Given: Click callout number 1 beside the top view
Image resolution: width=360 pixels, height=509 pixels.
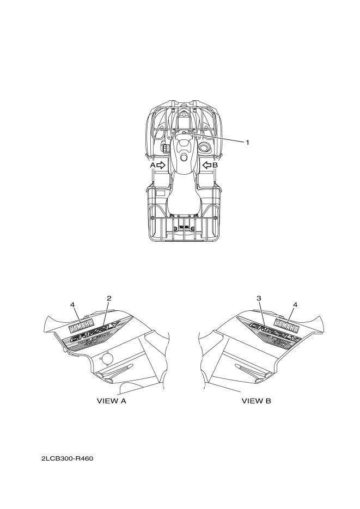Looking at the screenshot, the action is coord(247,142).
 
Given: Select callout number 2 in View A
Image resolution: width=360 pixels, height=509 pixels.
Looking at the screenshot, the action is coord(109,298).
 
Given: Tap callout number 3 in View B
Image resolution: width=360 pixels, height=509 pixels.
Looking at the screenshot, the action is coord(259,298).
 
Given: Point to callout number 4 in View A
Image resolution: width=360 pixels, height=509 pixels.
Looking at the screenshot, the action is coord(72,304).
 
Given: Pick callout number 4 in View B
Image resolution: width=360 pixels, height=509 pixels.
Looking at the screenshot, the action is coord(295,304).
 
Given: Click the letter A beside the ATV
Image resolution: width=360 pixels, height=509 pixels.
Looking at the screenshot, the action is coord(152,165).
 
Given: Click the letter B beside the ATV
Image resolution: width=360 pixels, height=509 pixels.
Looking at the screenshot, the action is coord(215,165).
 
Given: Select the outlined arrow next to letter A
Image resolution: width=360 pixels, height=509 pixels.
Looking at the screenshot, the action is coord(161,165).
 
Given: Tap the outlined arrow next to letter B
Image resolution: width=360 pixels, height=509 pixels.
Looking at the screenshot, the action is coord(207,165).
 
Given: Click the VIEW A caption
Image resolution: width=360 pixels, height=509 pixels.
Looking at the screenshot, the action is coord(111,401).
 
